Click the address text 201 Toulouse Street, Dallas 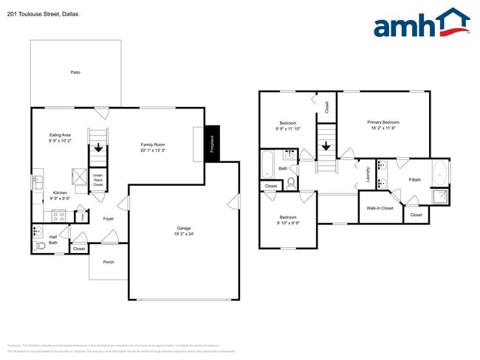[x=42, y=14]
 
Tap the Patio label [x=75, y=72]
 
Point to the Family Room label [x=153, y=145]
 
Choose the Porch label [x=109, y=262]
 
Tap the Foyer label [x=108, y=218]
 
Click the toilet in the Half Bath [x=36, y=232]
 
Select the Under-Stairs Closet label [x=97, y=180]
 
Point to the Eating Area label [x=60, y=135]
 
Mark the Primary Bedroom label [x=383, y=122]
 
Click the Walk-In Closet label [x=380, y=208]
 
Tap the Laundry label [x=367, y=176]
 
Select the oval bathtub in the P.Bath [x=440, y=173]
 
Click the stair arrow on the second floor [x=325, y=146]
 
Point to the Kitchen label [x=60, y=193]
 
